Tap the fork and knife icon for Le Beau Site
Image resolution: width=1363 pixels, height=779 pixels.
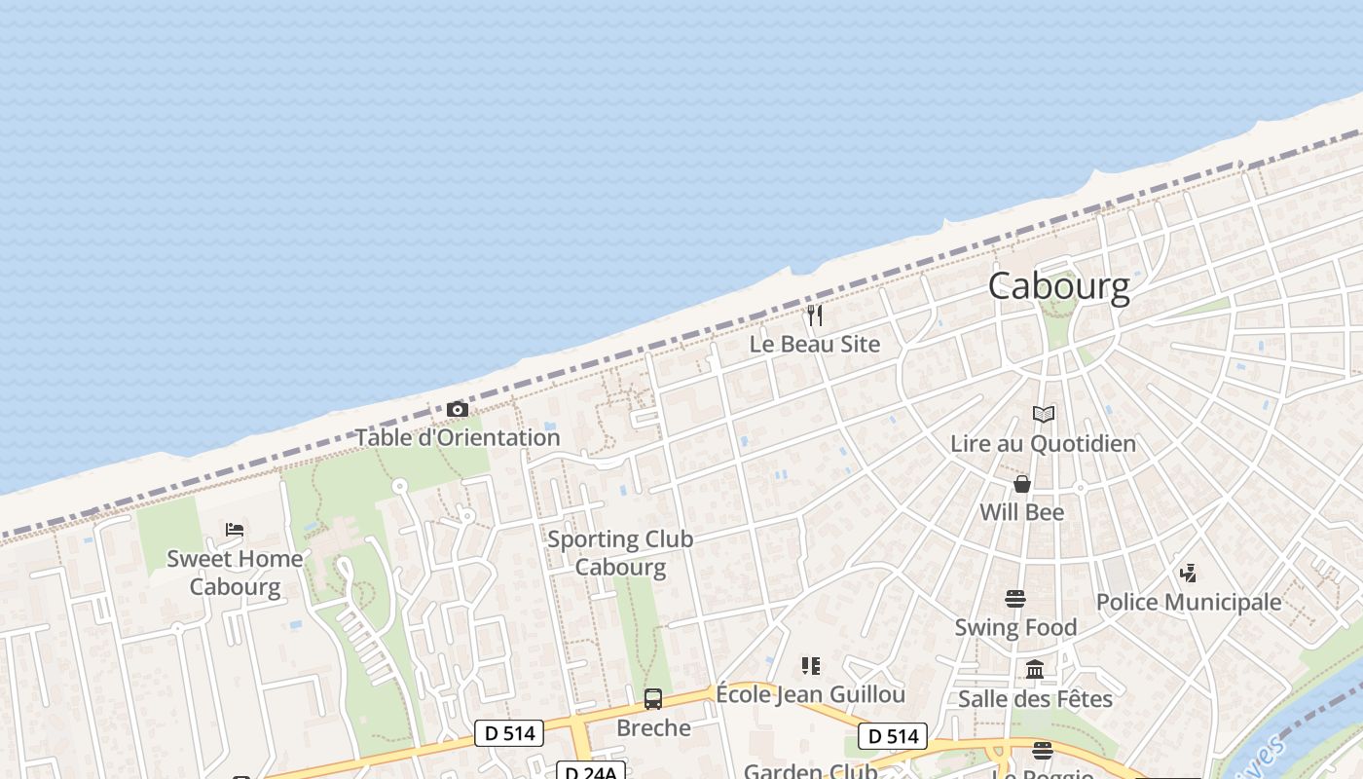(x=815, y=315)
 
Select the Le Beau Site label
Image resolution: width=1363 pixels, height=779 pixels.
(x=815, y=344)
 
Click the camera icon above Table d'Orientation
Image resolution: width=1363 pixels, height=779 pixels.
(x=457, y=409)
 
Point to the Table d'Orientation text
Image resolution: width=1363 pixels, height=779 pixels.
(x=457, y=437)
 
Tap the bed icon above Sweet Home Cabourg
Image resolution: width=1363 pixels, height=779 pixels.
(x=235, y=530)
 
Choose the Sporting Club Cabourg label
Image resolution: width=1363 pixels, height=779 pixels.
(x=620, y=553)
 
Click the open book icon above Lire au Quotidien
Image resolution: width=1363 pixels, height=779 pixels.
(x=1044, y=415)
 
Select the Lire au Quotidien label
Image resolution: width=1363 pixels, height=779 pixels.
(x=1044, y=444)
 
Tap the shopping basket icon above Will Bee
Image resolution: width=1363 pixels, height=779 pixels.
(x=1022, y=484)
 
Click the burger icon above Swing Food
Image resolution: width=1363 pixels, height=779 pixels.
(x=1015, y=599)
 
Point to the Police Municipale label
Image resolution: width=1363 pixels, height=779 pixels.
(x=1189, y=602)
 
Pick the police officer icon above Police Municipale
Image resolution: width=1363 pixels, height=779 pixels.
(x=1188, y=573)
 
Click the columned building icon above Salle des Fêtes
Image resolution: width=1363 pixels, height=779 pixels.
(x=1035, y=670)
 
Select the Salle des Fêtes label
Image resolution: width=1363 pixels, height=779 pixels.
(x=1035, y=698)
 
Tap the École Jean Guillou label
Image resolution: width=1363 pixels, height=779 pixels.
(x=810, y=694)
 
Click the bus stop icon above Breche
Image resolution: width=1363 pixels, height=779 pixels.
(x=653, y=698)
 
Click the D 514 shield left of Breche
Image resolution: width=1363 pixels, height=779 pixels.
(x=509, y=733)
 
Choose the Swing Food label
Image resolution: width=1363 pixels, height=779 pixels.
(x=1015, y=628)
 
